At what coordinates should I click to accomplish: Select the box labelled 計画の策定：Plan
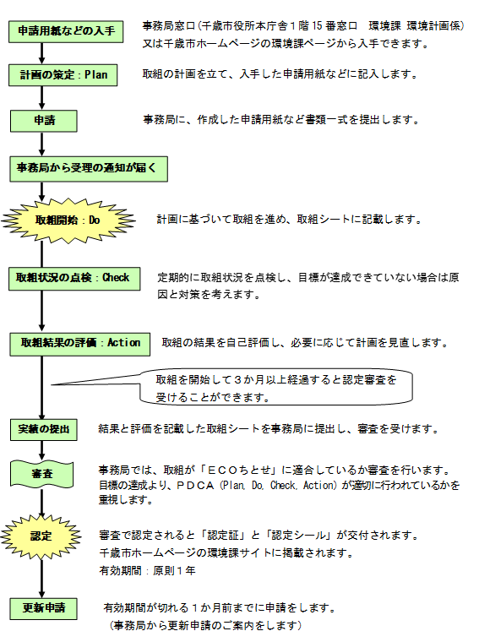(x=64, y=75)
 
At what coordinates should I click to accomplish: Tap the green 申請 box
(x=44, y=120)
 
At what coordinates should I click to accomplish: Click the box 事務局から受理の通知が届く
(x=88, y=167)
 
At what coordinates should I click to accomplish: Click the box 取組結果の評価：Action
(x=81, y=343)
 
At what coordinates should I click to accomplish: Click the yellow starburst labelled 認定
(x=41, y=536)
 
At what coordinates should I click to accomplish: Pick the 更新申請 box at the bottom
(x=44, y=607)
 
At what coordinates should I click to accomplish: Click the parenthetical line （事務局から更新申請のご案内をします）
(x=206, y=626)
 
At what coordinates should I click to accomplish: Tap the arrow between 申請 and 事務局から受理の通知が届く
(x=41, y=144)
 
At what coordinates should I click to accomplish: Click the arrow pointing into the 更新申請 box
(x=41, y=583)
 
